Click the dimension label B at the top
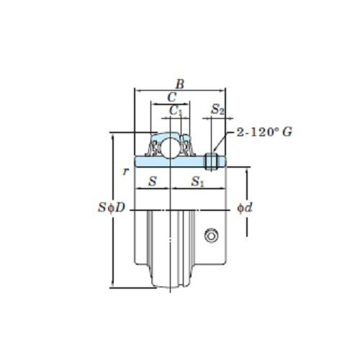pos(180,84)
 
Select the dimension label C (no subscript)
pos(170,97)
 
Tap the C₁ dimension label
pos(175,110)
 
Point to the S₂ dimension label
pos(217,110)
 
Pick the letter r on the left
pos(125,171)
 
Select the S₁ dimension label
pos(198,183)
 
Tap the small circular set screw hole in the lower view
pos(210,235)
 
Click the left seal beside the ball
pos(155,148)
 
